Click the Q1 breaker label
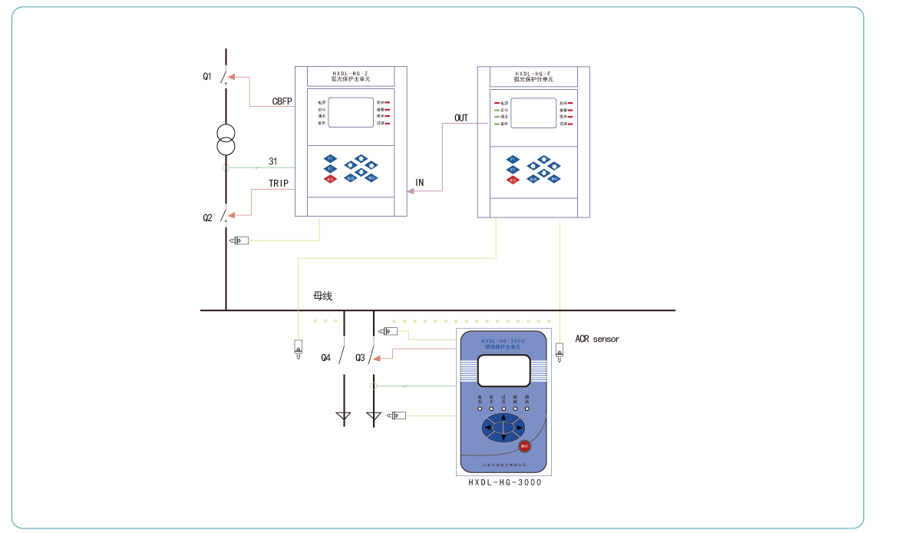207,76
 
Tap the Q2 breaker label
207,218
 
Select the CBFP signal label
282,101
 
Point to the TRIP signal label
279,184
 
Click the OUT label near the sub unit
461,118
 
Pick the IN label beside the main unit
419,183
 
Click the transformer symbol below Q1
226,138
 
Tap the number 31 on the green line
272,161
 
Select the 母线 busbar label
322,296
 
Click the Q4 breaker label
326,358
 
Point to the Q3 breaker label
360,358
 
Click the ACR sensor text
597,339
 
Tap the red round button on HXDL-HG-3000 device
525,445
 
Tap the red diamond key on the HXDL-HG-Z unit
330,179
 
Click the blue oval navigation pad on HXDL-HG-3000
503,427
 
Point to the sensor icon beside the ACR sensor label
560,355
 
